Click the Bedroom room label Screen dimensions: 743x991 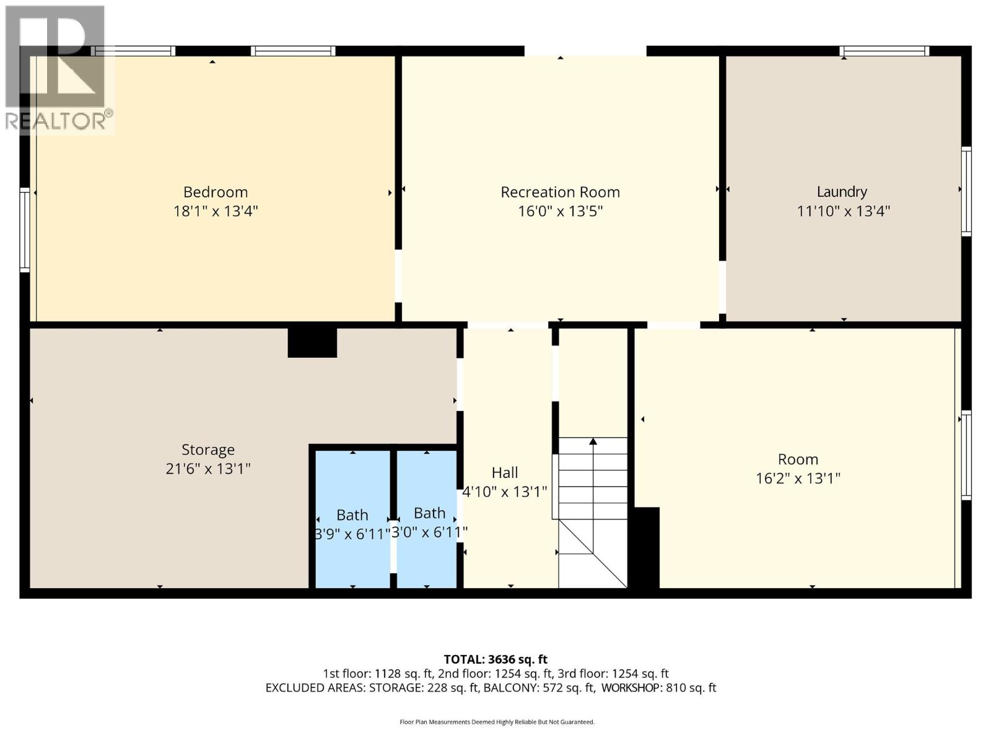coord(215,192)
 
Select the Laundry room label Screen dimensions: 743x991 coord(841,192)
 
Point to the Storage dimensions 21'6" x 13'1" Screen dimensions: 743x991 coord(207,469)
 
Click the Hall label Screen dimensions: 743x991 coord(504,473)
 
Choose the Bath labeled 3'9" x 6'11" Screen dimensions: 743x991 coord(352,515)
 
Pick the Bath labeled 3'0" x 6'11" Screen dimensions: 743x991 coord(429,513)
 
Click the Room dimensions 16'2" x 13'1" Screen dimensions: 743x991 coord(798,479)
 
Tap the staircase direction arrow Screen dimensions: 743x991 coord(593,441)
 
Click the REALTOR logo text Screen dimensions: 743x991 coord(59,121)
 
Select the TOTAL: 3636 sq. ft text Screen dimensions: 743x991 coord(495,659)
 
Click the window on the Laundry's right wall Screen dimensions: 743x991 coord(966,191)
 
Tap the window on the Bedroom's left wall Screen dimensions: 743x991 coord(25,230)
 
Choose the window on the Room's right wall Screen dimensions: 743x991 coord(966,455)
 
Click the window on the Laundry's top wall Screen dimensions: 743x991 coord(884,51)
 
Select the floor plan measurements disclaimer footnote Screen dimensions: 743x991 coord(497,722)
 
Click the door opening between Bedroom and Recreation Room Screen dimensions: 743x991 coord(398,276)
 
